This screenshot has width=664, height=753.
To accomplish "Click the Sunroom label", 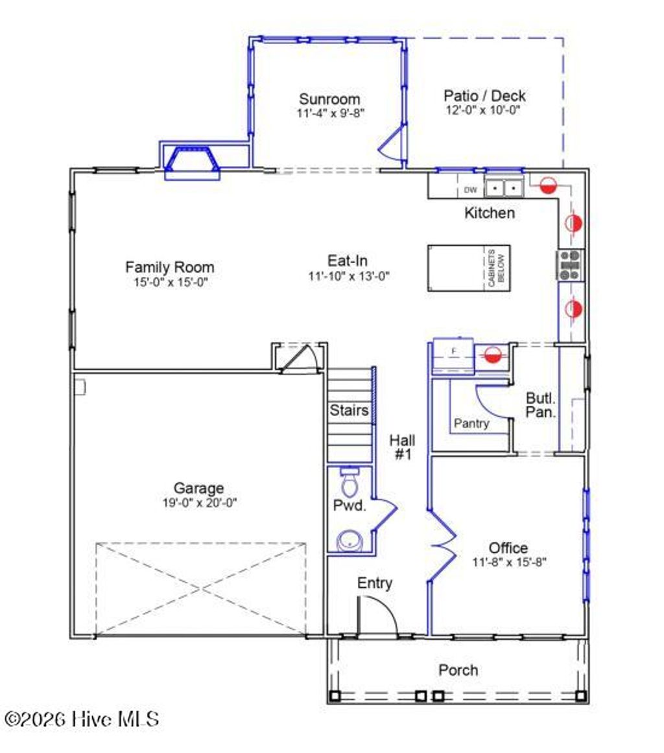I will tap(329, 99).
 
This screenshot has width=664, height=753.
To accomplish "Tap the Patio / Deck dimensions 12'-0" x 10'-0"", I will tap(482, 110).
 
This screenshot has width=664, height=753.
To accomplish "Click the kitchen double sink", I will tap(504, 188).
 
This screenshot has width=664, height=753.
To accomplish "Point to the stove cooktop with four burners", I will tap(570, 264).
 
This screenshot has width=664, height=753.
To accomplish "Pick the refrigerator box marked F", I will tap(454, 352).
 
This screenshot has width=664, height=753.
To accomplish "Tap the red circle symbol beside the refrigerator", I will tap(492, 354).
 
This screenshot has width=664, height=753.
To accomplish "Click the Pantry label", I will tap(471, 424).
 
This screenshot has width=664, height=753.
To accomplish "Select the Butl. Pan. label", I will tap(540, 406).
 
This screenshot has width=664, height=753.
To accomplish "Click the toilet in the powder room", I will tap(350, 480).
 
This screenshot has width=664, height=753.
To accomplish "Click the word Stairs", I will tap(349, 410).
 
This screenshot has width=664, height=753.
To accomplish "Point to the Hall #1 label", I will tap(402, 447).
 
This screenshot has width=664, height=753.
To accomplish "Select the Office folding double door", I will tap(442, 544).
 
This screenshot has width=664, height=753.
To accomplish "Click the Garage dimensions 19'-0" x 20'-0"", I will tap(199, 502).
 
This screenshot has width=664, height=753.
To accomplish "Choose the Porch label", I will tap(458, 670).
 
